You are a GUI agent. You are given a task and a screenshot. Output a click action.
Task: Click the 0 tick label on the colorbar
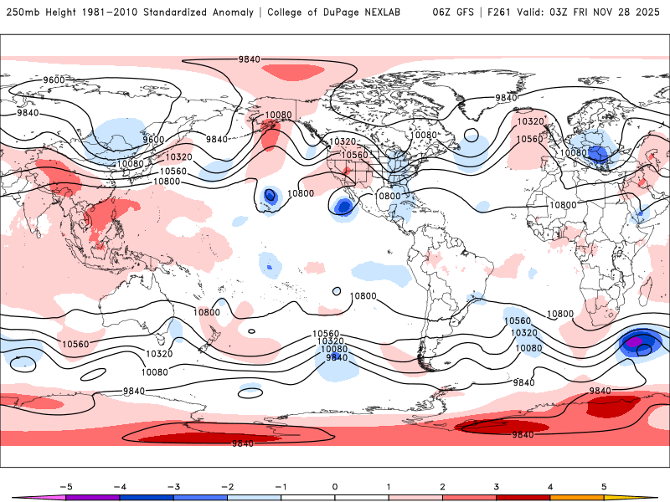click(x=334, y=486)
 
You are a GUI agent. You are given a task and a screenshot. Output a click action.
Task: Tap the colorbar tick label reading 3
click(x=496, y=486)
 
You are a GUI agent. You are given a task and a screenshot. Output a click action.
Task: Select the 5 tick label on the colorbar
click(x=604, y=486)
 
